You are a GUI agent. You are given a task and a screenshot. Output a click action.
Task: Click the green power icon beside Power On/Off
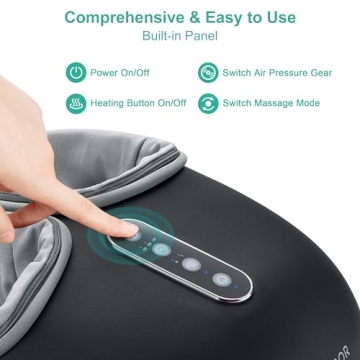coord(76,73)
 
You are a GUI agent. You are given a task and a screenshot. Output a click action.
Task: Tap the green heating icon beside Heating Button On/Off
coord(76,103)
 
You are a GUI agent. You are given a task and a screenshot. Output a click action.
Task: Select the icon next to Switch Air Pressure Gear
coord(208,73)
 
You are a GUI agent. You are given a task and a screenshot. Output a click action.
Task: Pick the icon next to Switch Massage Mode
coord(208,103)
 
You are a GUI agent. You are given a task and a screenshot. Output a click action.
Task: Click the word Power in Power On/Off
coord(106,73)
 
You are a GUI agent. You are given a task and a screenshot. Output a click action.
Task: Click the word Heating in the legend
coord(111,103)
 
